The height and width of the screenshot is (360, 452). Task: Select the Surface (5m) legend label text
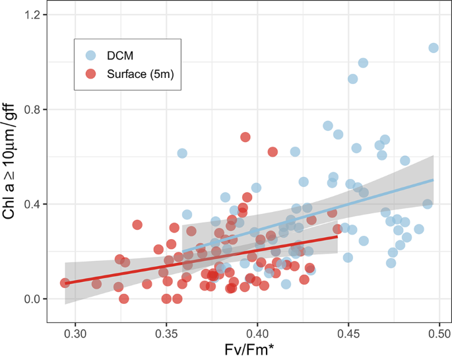(x=139, y=75)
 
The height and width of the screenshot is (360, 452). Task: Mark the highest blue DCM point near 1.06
(x=434, y=48)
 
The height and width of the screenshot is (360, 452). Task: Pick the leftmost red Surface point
(x=65, y=283)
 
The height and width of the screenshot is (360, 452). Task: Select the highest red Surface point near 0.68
(x=245, y=137)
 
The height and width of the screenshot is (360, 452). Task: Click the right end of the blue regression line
(x=434, y=179)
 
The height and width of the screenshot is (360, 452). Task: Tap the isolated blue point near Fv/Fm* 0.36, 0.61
(x=182, y=153)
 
